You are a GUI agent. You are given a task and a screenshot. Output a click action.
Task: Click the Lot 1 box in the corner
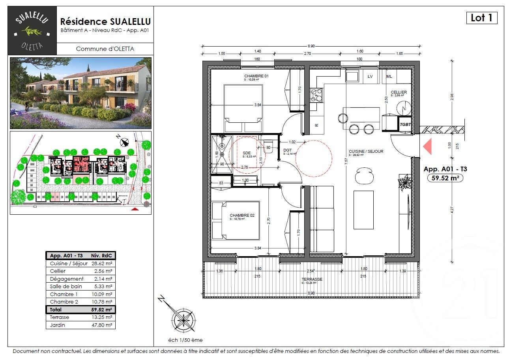[x=481, y=18]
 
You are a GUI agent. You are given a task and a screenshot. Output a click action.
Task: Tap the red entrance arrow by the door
[x=427, y=146]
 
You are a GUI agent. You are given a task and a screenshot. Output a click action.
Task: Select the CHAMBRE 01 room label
[x=256, y=76]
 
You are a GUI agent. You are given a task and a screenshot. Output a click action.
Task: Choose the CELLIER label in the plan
[x=399, y=92]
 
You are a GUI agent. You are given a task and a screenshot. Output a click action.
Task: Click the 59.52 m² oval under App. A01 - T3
[x=445, y=178]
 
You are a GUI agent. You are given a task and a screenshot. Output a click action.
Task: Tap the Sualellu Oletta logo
[x=32, y=30]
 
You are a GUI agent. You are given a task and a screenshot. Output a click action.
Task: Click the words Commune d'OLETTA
[x=105, y=49]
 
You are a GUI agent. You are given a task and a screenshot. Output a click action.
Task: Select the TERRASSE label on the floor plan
[x=312, y=279]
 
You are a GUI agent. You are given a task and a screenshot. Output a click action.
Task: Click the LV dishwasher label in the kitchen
[x=370, y=76]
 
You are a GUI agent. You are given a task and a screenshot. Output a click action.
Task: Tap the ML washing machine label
[x=389, y=76]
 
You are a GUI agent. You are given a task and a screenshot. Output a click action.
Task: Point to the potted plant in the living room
[x=404, y=182]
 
